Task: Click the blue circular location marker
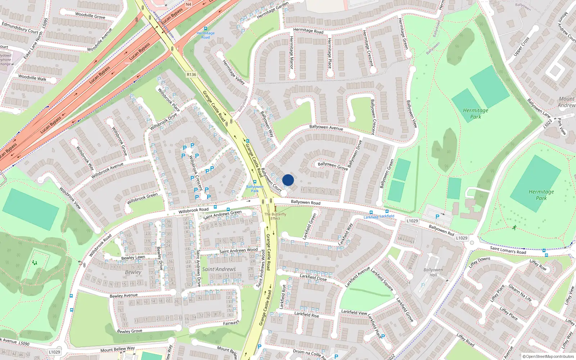pos(288,180)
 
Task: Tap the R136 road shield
pos(192,75)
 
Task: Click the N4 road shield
pos(189,4)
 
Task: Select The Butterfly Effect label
pos(275,216)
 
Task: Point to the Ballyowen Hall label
pos(433,272)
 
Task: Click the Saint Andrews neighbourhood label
pos(219,269)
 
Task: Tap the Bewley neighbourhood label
pos(133,272)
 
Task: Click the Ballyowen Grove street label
pos(333,166)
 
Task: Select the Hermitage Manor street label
pos(292,53)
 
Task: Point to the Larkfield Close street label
pos(313,277)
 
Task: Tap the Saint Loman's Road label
pos(508,250)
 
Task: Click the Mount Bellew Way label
pos(117,349)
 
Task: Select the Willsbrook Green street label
pos(142,198)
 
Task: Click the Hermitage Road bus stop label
pos(206,35)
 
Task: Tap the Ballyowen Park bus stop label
pos(255,188)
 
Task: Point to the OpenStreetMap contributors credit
pos(548,356)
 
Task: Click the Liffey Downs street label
pos(479,262)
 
